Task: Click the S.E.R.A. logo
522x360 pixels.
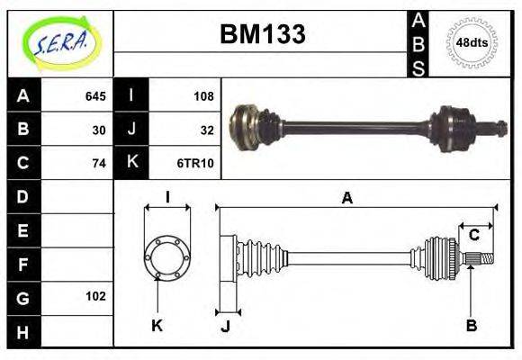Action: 60,42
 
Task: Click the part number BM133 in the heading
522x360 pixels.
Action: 262,35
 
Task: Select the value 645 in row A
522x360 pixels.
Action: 95,96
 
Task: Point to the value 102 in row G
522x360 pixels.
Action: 95,296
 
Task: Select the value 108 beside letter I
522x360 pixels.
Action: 202,96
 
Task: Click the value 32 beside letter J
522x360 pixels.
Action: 206,130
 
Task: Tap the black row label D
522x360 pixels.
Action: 22,196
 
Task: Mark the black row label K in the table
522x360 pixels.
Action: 131,163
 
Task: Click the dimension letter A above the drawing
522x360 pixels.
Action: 346,199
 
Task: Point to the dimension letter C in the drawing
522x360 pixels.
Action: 473,236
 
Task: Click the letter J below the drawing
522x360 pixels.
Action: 226,326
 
